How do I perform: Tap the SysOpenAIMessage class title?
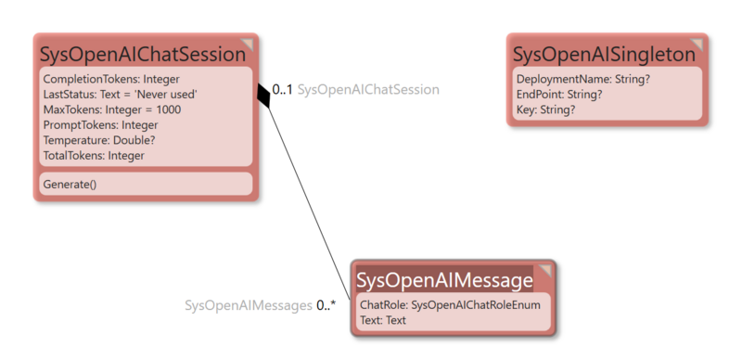[444, 279]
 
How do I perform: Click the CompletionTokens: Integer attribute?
[111, 79]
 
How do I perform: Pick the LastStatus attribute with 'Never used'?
[120, 95]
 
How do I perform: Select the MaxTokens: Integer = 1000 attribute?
[111, 109]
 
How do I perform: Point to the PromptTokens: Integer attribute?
[100, 124]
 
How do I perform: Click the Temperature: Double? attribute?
[98, 140]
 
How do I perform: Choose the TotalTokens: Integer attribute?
[94, 155]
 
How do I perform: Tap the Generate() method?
[70, 184]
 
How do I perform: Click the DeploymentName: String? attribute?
[582, 80]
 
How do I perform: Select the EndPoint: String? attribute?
[559, 95]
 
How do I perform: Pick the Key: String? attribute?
[545, 109]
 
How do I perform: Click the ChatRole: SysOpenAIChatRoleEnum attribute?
[450, 304]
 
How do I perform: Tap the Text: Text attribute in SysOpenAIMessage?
[383, 320]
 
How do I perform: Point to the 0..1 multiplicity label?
[282, 90]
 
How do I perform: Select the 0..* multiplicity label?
[326, 304]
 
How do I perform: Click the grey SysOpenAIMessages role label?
[248, 304]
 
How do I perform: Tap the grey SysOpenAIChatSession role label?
[368, 90]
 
